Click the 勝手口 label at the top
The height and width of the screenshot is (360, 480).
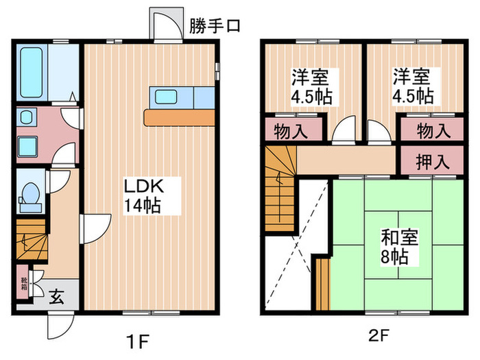tap(215, 27)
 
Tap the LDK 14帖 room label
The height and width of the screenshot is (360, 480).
tap(143, 195)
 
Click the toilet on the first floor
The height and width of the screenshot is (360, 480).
tap(29, 194)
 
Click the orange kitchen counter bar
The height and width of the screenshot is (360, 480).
tap(180, 118)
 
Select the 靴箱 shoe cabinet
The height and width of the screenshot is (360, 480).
tap(23, 283)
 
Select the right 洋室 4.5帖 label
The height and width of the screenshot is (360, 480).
tap(412, 86)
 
